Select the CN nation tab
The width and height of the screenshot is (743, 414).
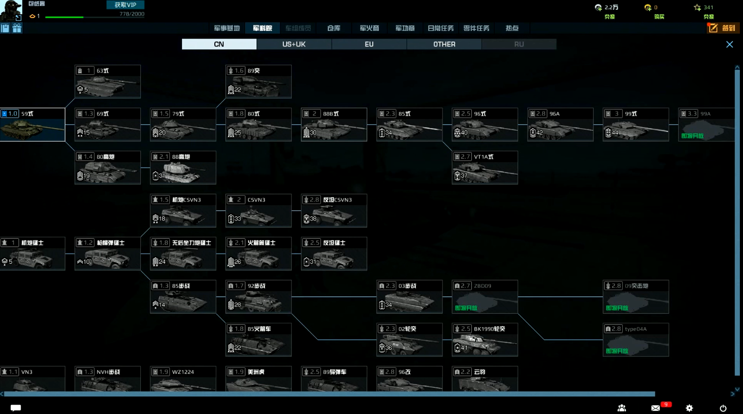click(219, 44)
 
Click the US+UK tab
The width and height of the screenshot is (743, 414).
click(294, 44)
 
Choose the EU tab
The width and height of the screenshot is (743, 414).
click(369, 44)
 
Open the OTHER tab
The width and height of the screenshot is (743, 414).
click(444, 44)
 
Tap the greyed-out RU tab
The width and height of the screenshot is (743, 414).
click(519, 44)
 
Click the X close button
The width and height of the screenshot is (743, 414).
click(730, 44)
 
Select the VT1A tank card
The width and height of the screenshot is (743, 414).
click(485, 168)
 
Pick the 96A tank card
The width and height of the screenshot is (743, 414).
click(560, 125)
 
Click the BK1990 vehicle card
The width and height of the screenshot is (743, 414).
click(485, 340)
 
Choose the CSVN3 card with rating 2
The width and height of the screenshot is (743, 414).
click(258, 211)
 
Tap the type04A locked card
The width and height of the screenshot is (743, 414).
click(635, 340)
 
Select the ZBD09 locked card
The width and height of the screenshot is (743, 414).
click(485, 297)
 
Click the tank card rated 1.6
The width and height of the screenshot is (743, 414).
click(258, 82)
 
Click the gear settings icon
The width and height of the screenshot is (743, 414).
click(689, 408)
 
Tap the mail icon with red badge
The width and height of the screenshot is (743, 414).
click(656, 408)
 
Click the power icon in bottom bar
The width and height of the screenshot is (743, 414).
click(723, 408)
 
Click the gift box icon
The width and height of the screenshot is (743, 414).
click(17, 28)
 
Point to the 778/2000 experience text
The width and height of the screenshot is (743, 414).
click(132, 14)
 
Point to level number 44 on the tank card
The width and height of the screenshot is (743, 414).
click(615, 133)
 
